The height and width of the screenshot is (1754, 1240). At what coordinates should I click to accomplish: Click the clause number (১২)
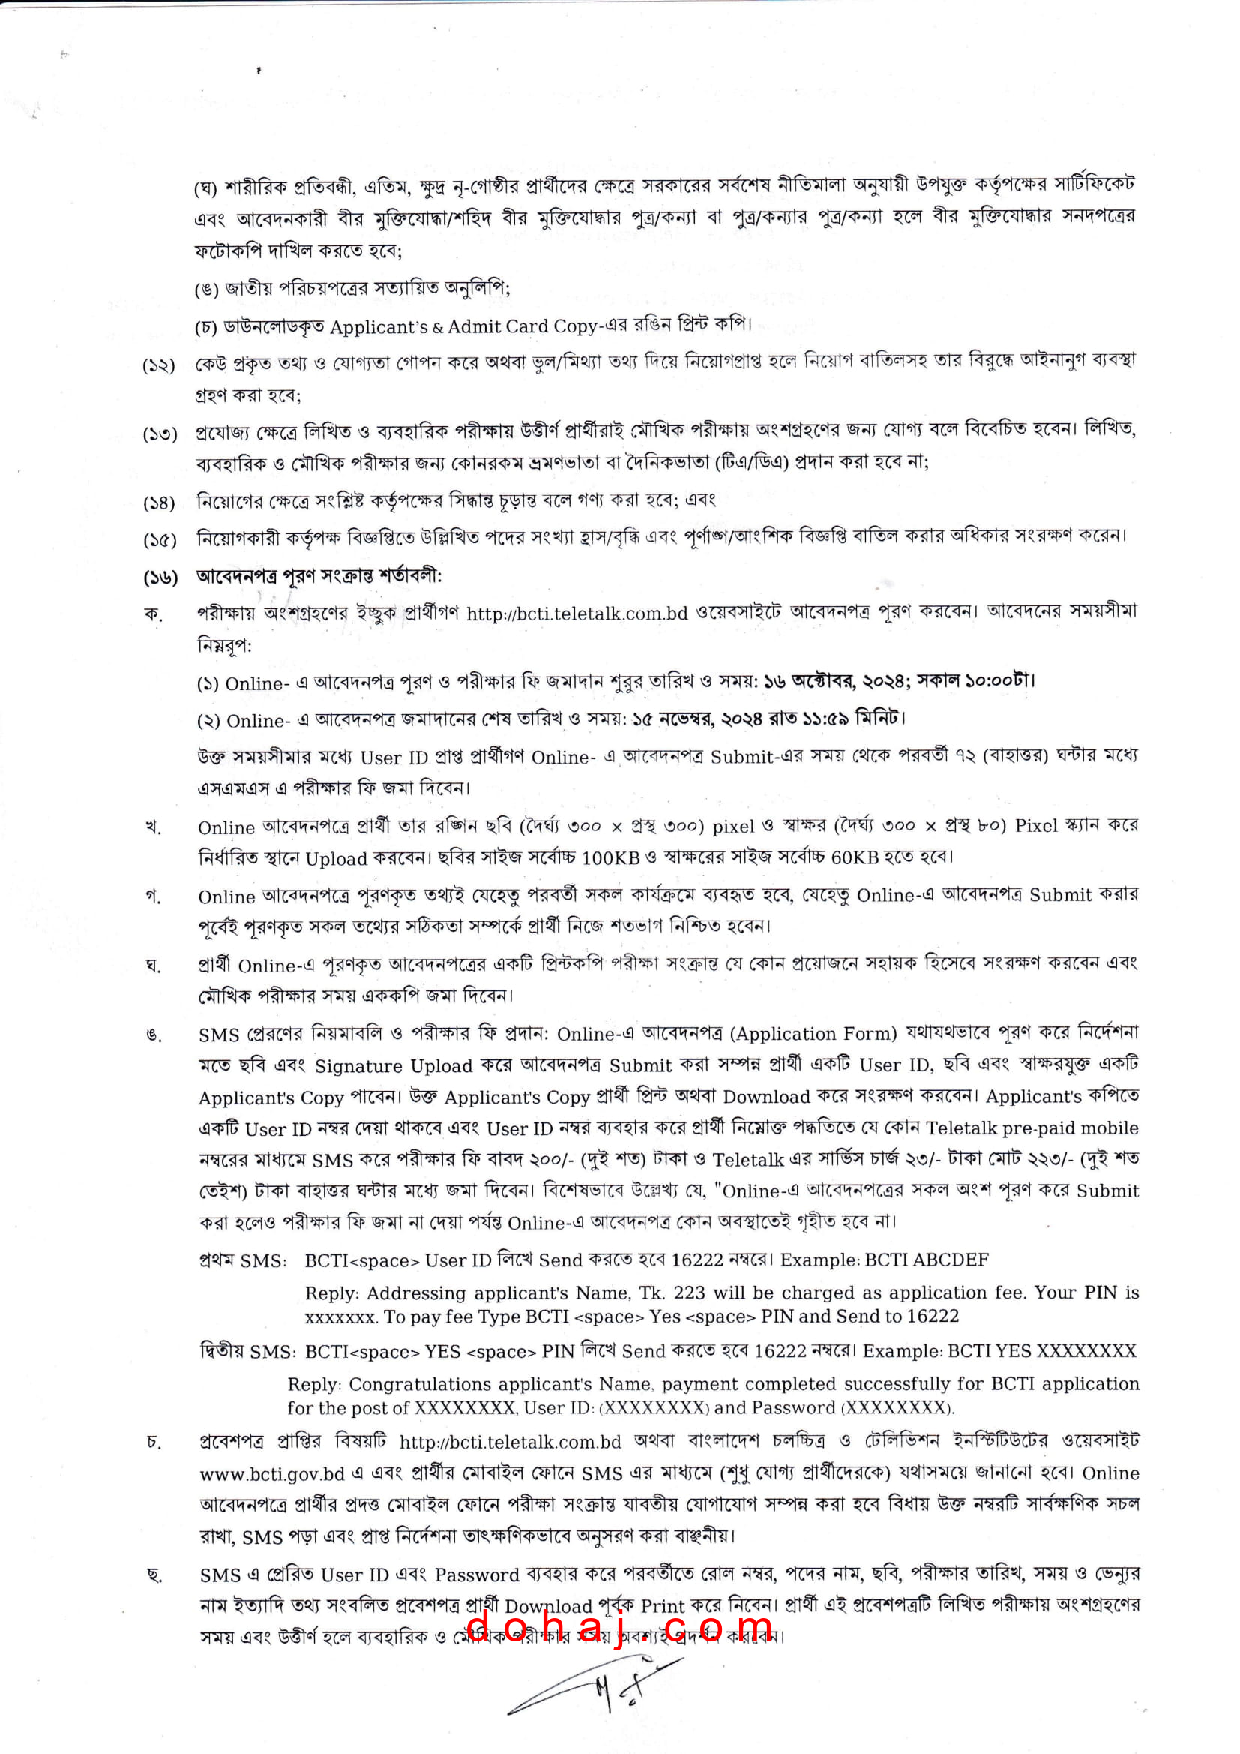point(159,365)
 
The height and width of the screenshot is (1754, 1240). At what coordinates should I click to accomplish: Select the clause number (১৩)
point(160,434)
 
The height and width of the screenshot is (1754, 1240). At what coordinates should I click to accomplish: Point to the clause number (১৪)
point(160,503)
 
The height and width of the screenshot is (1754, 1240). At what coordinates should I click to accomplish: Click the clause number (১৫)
point(160,540)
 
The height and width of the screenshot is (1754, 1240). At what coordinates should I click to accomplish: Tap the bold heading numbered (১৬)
point(319,575)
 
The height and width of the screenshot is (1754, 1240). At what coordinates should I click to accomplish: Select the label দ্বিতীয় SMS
point(247,1351)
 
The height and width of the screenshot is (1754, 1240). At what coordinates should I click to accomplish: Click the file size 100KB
point(610,858)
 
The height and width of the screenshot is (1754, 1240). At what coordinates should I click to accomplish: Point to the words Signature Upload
point(394,1066)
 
